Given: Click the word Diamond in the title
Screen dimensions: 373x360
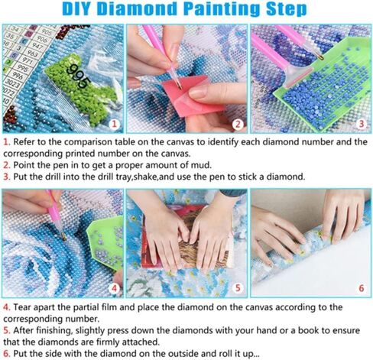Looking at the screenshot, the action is tap(138, 9).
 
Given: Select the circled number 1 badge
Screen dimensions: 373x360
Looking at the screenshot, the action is tap(115, 124).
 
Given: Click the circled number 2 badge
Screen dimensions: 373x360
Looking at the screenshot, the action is tap(238, 125).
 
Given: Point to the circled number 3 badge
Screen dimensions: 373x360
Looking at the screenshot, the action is tap(362, 124).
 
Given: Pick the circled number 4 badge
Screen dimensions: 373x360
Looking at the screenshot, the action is tap(115, 288).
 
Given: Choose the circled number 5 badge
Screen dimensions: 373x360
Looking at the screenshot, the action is tap(238, 288).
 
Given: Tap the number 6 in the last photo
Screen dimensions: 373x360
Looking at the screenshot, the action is tap(362, 288).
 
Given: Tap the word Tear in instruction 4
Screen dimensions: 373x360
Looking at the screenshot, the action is tap(22, 307).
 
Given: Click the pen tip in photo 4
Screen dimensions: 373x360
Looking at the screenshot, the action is tap(63, 238).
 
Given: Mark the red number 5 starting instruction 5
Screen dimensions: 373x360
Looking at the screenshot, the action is tap(6, 331).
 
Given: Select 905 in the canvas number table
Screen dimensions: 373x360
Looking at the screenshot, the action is tap(47, 32).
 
